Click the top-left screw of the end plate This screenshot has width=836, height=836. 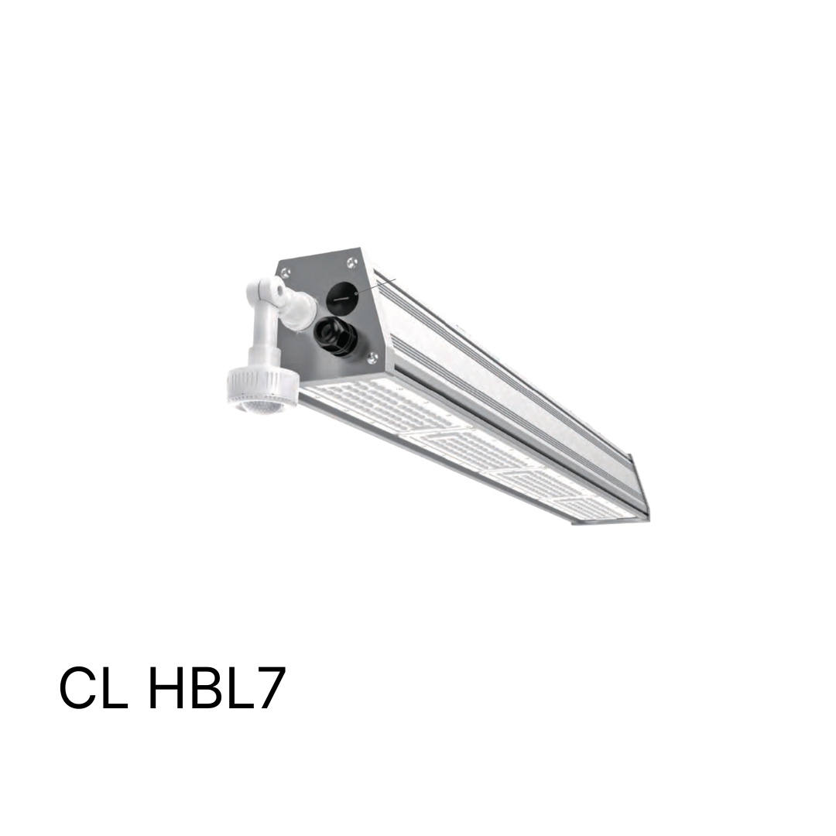(x=286, y=273)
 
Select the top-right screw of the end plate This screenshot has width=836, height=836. (x=351, y=262)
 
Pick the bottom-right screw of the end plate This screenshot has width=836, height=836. (x=372, y=357)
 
